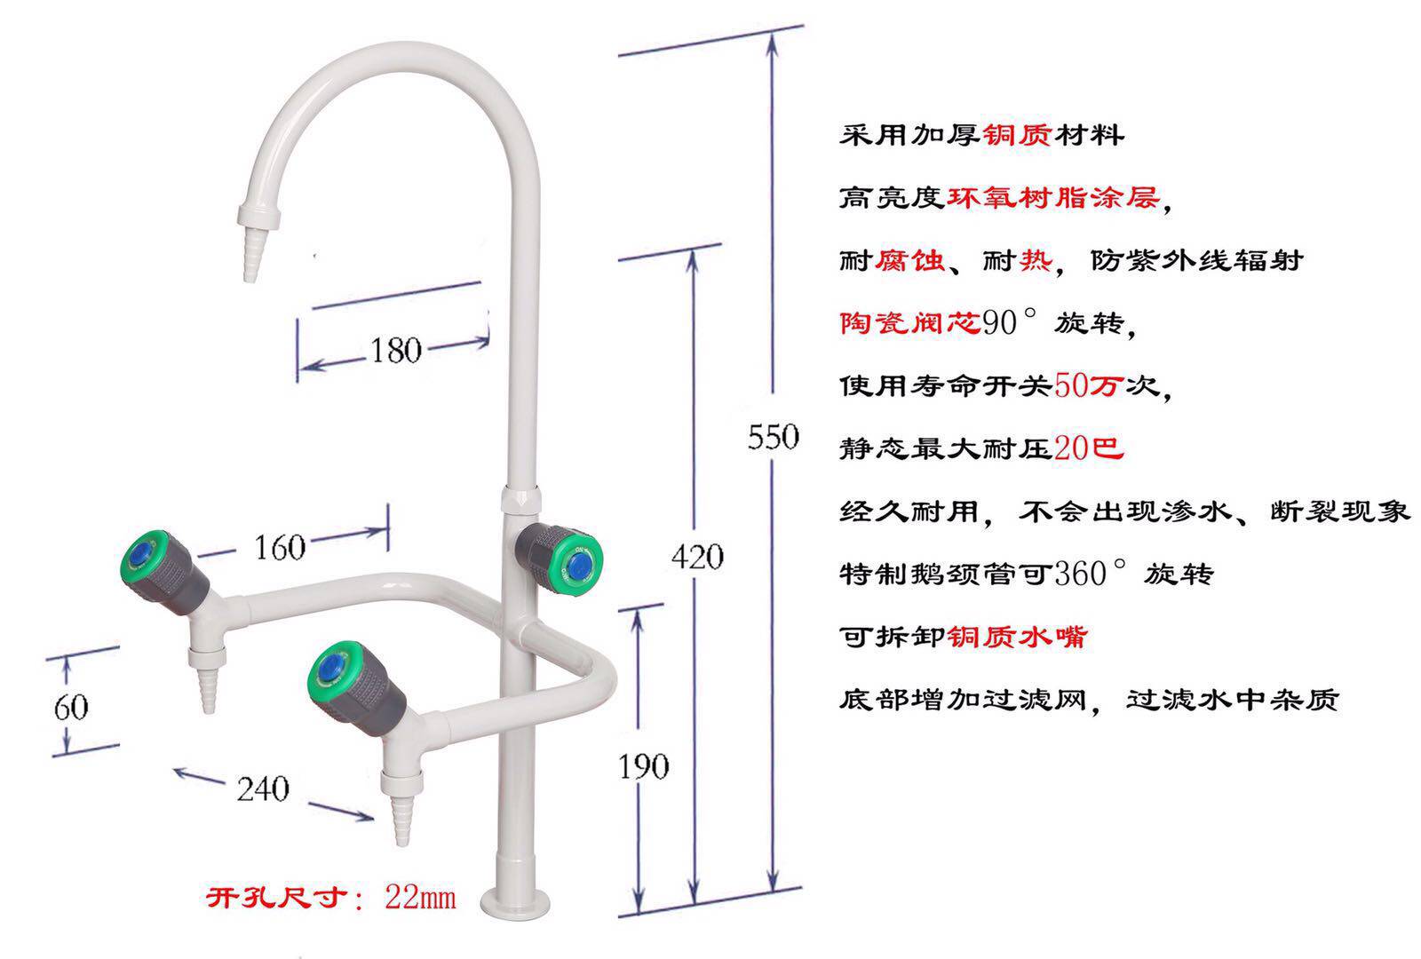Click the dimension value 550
(x=773, y=436)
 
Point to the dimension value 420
(x=697, y=557)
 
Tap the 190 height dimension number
(x=643, y=766)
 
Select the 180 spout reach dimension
(x=396, y=350)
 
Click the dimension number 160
(x=280, y=547)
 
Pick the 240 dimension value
(x=263, y=789)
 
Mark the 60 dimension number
(x=71, y=707)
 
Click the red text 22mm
(x=420, y=898)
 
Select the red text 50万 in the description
(x=1089, y=385)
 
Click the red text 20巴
(x=1089, y=448)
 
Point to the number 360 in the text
(x=1080, y=574)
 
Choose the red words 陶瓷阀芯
(x=910, y=323)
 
